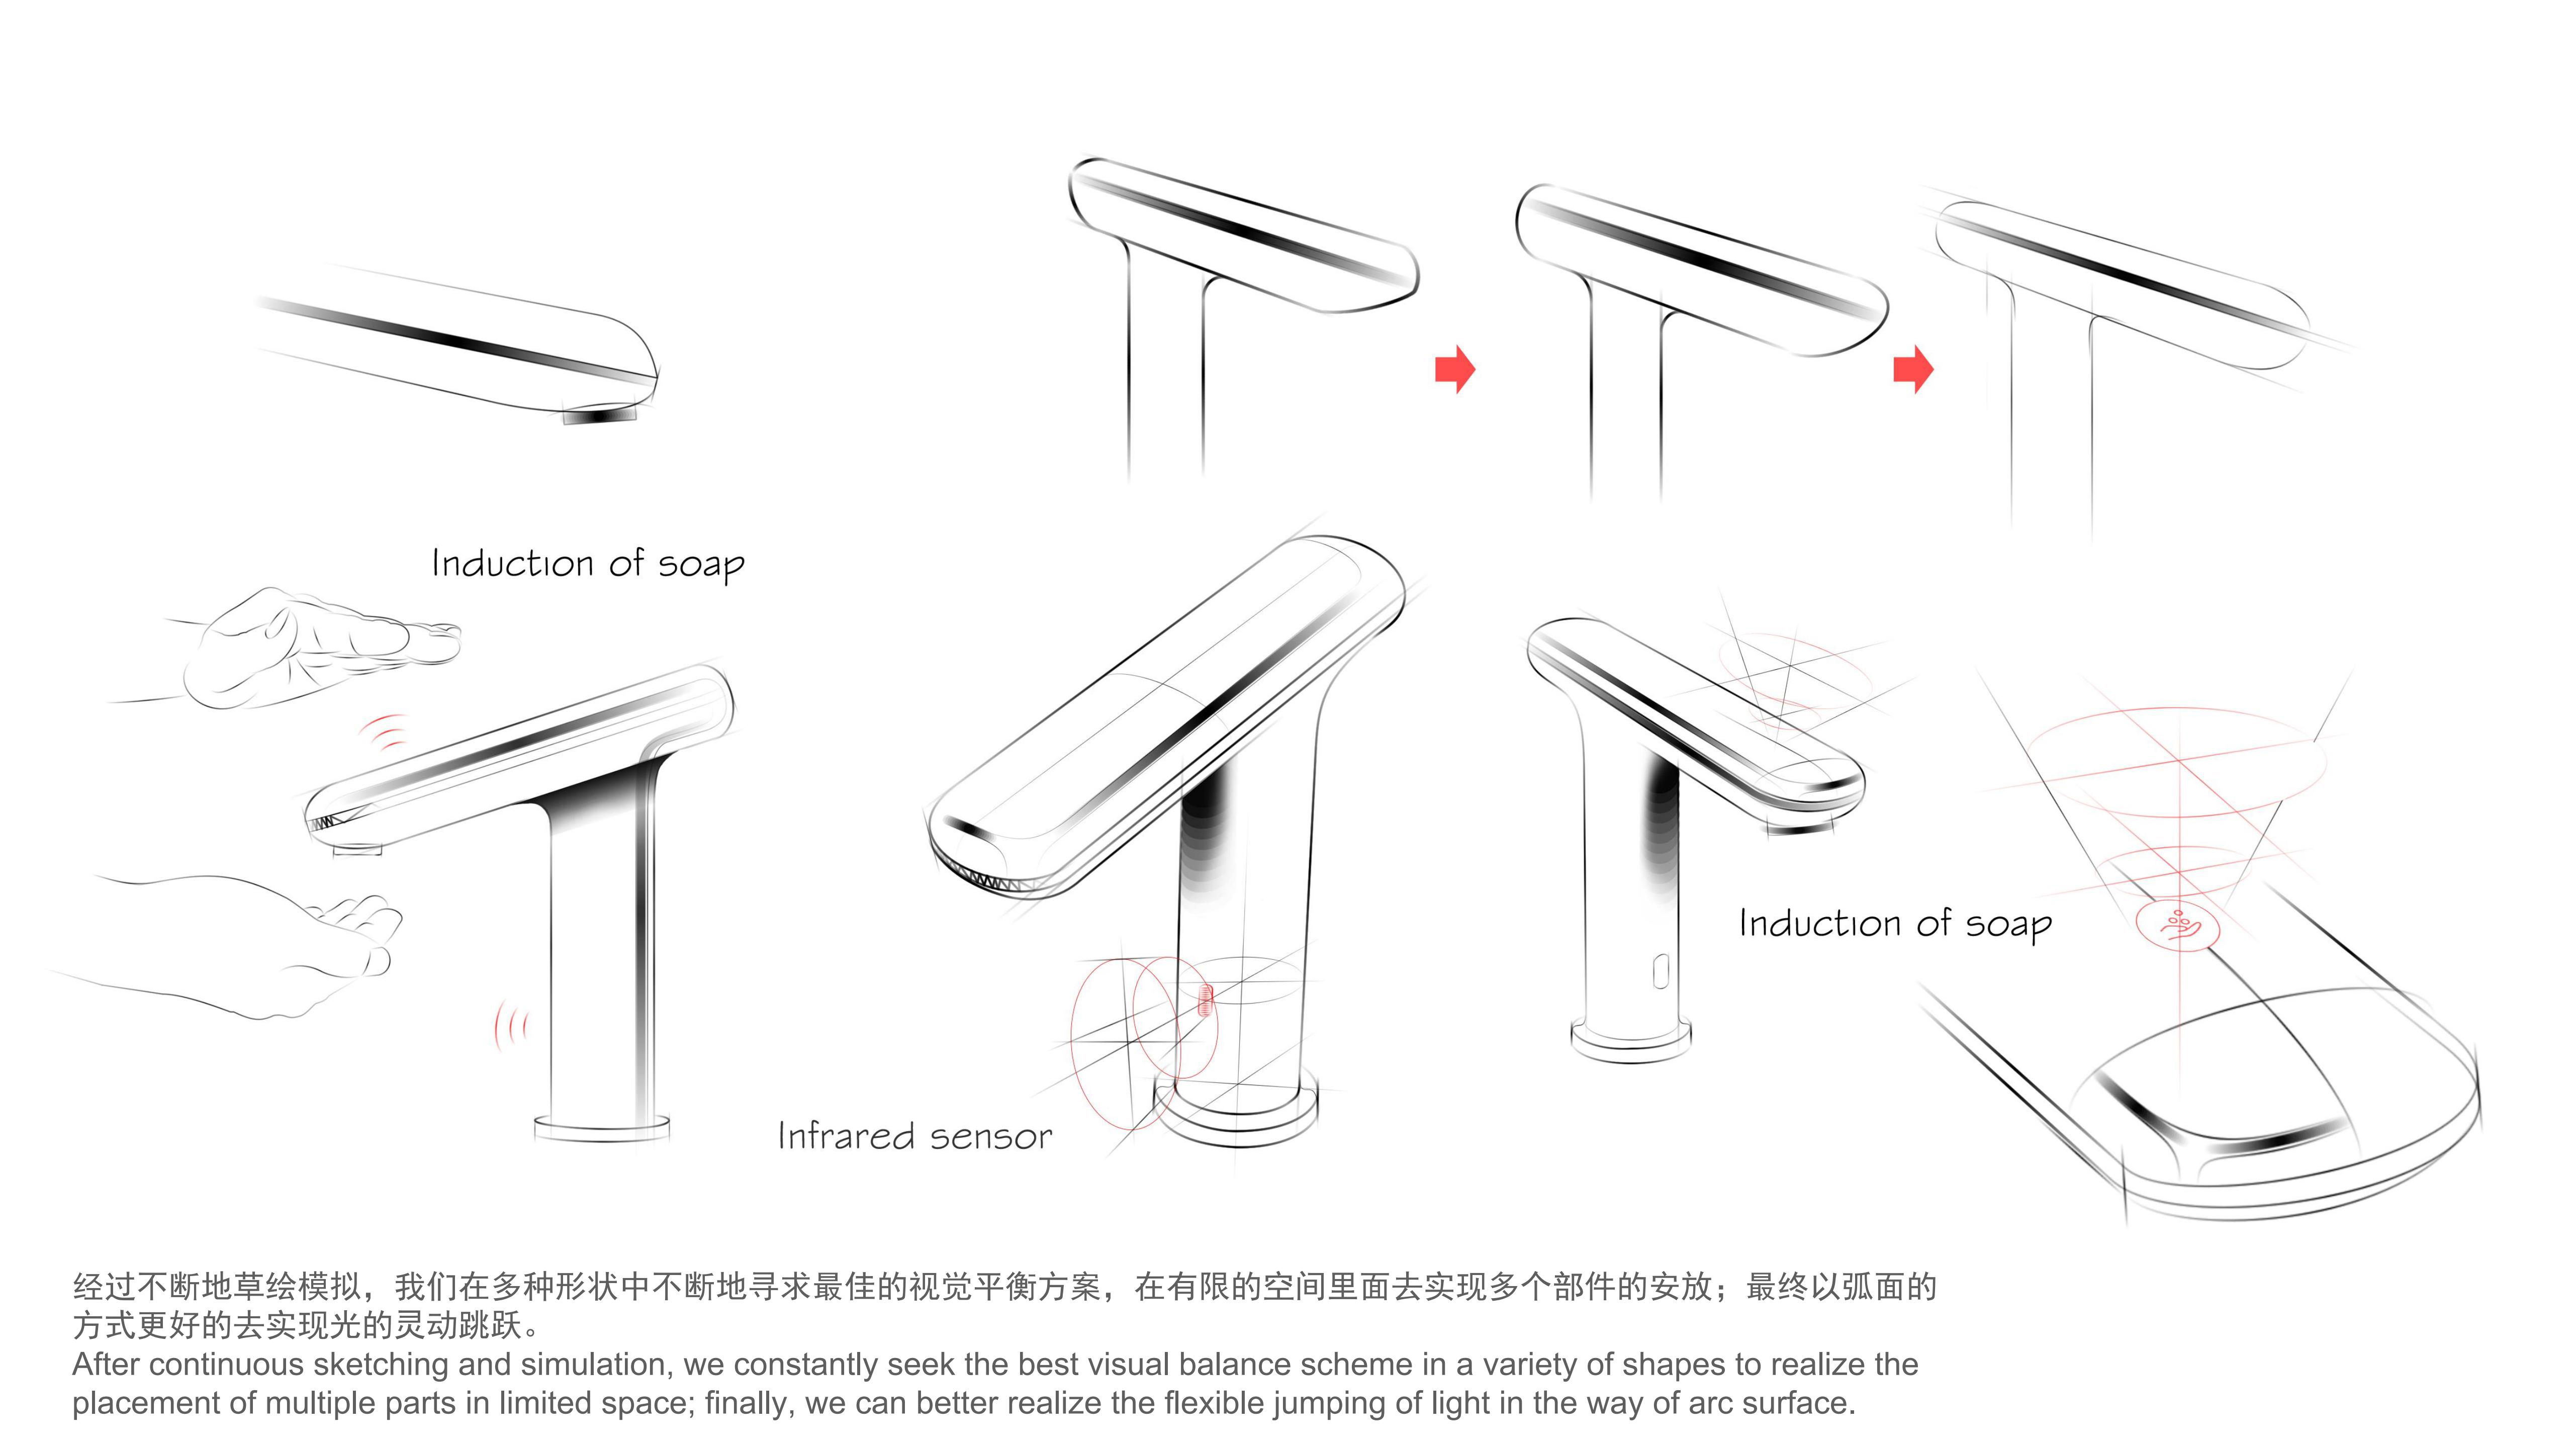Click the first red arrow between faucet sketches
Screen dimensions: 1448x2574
pyautogui.click(x=1455, y=370)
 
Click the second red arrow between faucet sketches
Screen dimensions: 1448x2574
pyautogui.click(x=1912, y=370)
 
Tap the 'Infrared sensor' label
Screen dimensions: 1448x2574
pyautogui.click(x=914, y=1136)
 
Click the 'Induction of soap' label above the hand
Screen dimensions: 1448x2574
pyautogui.click(x=588, y=564)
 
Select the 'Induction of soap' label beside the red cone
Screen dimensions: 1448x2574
pyautogui.click(x=1894, y=924)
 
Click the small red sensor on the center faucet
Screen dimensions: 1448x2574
pyautogui.click(x=1205, y=1000)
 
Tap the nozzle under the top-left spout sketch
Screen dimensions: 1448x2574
pyautogui.click(x=600, y=413)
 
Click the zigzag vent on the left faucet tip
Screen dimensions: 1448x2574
pyautogui.click(x=325, y=823)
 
